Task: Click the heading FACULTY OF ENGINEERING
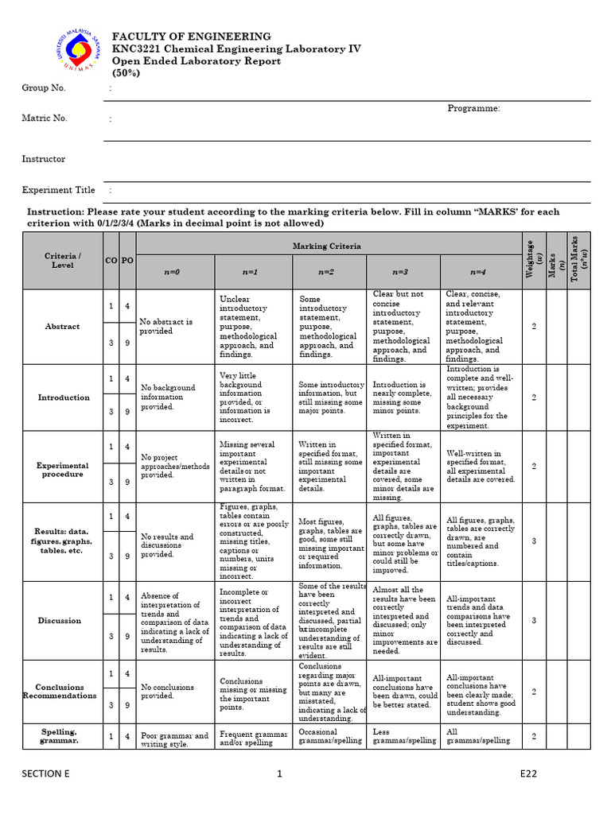[x=191, y=37]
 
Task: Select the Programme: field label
[x=473, y=108]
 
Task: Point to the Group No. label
[x=44, y=87]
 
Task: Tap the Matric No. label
[x=45, y=118]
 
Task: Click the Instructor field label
[x=44, y=159]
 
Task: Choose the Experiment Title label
[x=58, y=190]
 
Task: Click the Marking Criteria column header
[x=326, y=246]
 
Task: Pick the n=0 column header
[x=173, y=272]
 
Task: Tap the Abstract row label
[x=62, y=327]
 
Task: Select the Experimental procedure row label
[x=62, y=470]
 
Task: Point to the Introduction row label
[x=64, y=397]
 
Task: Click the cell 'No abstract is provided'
[x=166, y=327]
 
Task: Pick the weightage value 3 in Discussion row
[x=534, y=621]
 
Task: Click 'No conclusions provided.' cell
[x=168, y=692]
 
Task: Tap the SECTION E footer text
[x=45, y=773]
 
